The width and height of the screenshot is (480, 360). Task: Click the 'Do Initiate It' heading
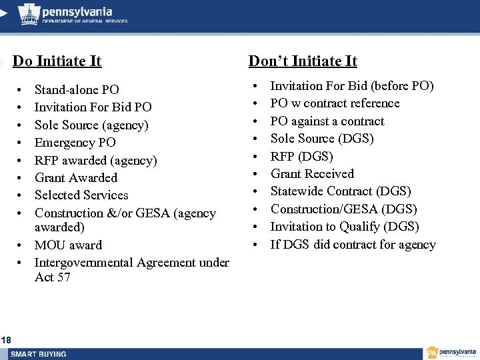(x=57, y=61)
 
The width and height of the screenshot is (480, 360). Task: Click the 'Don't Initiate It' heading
(x=303, y=61)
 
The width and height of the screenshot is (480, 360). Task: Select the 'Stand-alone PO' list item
(x=77, y=89)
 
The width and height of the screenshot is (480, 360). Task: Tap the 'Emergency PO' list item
(x=75, y=142)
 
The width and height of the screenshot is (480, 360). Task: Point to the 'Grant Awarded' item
(x=75, y=177)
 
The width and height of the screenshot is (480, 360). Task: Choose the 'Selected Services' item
(x=81, y=195)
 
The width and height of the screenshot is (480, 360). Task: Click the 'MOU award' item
(x=68, y=245)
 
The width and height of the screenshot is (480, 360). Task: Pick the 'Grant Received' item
(x=312, y=173)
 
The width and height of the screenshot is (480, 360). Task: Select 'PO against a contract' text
(x=327, y=121)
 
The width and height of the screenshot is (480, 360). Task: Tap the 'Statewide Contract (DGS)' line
(x=340, y=191)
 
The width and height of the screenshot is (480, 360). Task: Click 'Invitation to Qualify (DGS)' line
(x=344, y=226)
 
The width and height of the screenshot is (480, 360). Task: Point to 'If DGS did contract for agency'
(x=353, y=244)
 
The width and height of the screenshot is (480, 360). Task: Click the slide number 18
(x=6, y=341)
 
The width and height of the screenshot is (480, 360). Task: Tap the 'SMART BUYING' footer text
(x=39, y=353)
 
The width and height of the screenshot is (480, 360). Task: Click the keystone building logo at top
(x=28, y=13)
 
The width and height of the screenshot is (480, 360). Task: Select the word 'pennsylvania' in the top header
(x=77, y=11)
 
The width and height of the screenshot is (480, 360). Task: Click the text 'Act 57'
(x=52, y=277)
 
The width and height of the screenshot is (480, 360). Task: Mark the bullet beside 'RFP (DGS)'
(x=255, y=157)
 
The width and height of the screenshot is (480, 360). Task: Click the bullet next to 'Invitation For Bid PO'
(x=21, y=107)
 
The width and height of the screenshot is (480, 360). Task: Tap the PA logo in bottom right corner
(x=452, y=353)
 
